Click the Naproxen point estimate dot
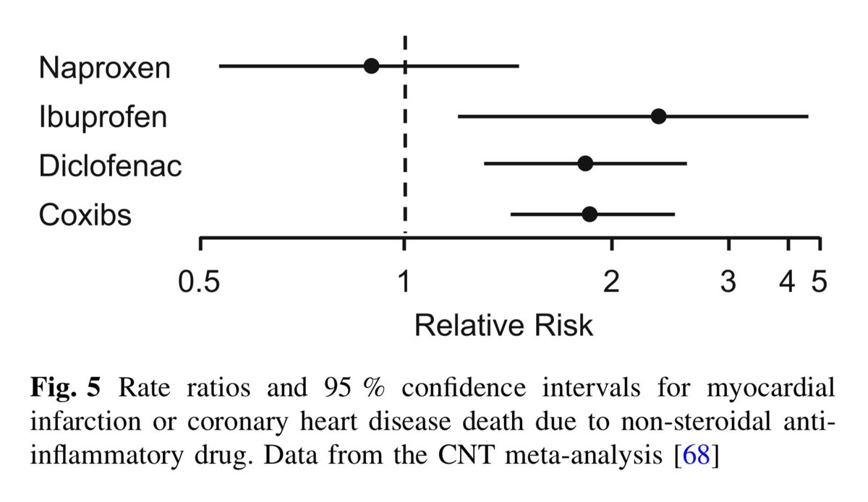tap(371, 66)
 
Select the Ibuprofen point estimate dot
tap(658, 116)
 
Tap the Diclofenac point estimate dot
tap(585, 163)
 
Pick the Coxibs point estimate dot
tap(590, 214)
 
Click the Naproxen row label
tap(105, 68)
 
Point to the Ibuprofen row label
tap(103, 117)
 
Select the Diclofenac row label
tap(110, 166)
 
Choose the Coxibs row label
tap(85, 215)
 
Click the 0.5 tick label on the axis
tap(200, 281)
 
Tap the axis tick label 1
tap(404, 281)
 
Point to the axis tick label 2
tap(612, 281)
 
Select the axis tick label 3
tap(728, 281)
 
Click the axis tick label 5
tap(819, 281)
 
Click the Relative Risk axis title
tap(503, 326)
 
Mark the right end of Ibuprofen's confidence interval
tap(808, 116)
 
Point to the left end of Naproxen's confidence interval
tap(220, 66)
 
